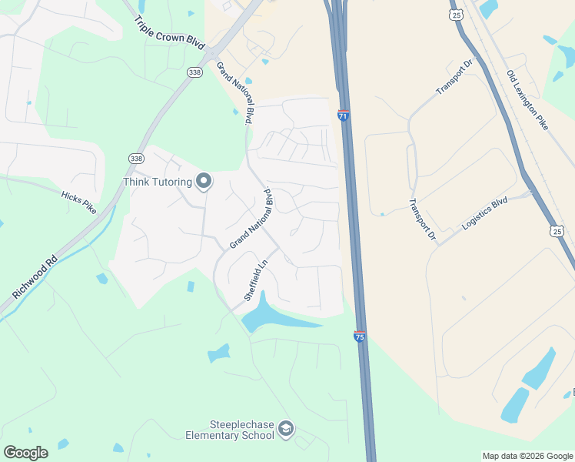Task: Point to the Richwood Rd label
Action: [x=35, y=277]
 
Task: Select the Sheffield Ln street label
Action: [x=256, y=280]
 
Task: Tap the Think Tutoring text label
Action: [x=158, y=182]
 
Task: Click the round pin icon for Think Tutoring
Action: [x=204, y=182]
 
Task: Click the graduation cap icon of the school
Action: [x=286, y=429]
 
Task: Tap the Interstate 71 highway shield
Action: [x=343, y=115]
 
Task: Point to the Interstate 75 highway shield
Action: [x=360, y=336]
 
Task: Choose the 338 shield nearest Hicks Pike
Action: [x=136, y=158]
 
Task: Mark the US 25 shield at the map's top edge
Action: [x=457, y=15]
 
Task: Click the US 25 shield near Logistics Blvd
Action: [x=557, y=230]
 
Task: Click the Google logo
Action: [x=26, y=452]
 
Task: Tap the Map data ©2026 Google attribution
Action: [x=527, y=456]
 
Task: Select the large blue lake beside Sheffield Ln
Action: [x=271, y=316]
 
